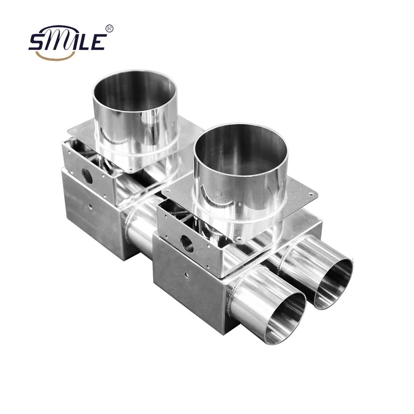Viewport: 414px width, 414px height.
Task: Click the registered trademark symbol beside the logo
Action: click(x=109, y=28)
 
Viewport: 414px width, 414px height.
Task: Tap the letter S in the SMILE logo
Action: click(x=37, y=42)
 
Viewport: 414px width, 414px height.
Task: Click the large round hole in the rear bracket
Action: click(x=87, y=176)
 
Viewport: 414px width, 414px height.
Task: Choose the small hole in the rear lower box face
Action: click(x=89, y=205)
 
